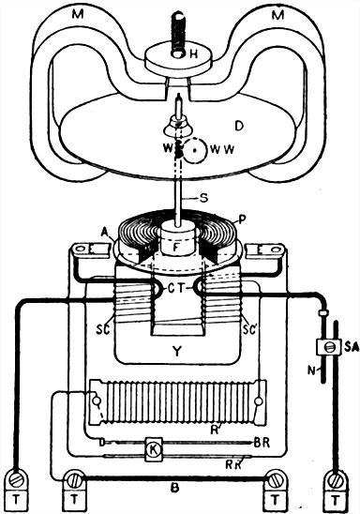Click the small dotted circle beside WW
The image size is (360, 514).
pyautogui.click(x=194, y=149)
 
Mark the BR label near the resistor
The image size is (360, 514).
pyautogui.click(x=265, y=438)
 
